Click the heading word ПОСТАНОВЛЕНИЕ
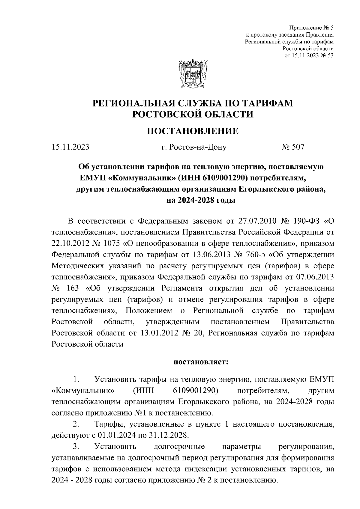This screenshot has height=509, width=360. pyautogui.click(x=192, y=131)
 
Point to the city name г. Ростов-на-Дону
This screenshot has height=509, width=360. pyautogui.click(x=194, y=147)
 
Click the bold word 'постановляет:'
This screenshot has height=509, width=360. pyautogui.click(x=201, y=362)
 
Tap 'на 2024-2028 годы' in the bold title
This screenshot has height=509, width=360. pyautogui.click(x=201, y=200)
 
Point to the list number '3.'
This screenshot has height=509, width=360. pyautogui.click(x=76, y=446)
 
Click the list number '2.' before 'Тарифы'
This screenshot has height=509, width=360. pyautogui.click(x=76, y=424)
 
